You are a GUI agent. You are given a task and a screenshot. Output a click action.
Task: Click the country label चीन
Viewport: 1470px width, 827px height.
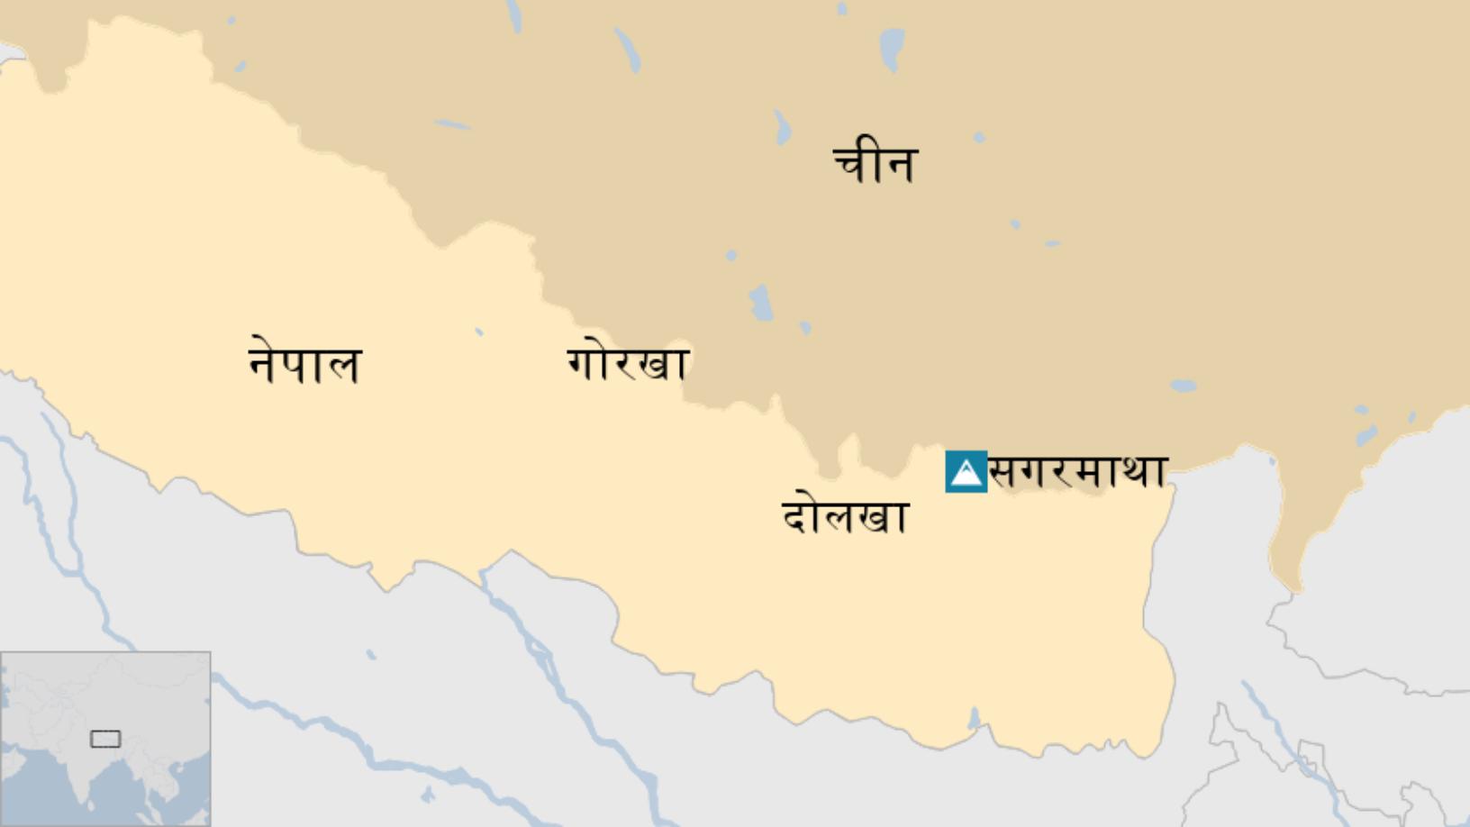point(875,163)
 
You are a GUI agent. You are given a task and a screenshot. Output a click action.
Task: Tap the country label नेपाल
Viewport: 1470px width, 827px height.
point(304,364)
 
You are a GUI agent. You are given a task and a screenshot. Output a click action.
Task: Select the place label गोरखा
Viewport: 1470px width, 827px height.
point(628,363)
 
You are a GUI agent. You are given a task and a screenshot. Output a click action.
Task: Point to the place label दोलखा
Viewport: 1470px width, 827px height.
point(844,516)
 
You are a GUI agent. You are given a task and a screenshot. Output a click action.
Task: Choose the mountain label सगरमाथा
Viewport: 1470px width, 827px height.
point(1078,471)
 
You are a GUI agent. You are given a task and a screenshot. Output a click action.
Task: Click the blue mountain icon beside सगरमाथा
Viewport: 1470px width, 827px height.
point(966,472)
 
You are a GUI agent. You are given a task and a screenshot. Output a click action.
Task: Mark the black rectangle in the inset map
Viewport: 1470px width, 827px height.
point(105,739)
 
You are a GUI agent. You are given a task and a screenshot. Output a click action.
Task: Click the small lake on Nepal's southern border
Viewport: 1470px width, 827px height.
point(973,719)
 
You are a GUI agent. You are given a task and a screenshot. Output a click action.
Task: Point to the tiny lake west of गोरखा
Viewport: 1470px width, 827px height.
point(479,332)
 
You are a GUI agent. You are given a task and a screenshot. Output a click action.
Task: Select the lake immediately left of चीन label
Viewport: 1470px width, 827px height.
point(782,127)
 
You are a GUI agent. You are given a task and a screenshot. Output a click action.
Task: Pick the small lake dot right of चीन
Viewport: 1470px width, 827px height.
point(979,138)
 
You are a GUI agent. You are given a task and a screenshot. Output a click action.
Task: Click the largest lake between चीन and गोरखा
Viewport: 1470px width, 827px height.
point(761,303)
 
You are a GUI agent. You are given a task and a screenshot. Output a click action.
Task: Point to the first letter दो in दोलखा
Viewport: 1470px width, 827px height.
point(800,516)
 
